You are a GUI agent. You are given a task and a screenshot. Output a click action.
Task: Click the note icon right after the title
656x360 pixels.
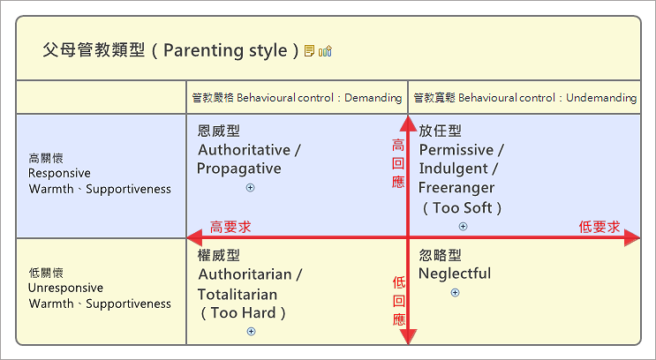(309, 51)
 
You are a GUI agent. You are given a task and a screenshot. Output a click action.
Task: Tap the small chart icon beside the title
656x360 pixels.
(325, 51)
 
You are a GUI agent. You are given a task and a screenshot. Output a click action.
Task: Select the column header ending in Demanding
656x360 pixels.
(297, 98)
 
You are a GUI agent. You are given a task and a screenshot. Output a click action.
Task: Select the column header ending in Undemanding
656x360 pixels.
(524, 98)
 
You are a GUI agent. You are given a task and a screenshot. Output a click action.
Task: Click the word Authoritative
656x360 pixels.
(245, 150)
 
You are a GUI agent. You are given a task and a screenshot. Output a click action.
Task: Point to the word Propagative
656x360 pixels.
(238, 169)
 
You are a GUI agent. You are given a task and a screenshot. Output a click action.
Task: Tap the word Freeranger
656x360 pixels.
(456, 188)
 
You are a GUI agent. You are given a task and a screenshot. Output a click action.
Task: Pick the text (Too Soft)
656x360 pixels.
(462, 208)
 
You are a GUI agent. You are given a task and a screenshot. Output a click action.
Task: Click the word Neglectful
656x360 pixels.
(454, 274)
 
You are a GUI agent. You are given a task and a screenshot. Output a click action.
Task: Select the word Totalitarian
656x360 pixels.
(238, 294)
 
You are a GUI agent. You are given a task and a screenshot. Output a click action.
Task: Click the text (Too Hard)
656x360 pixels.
(244, 312)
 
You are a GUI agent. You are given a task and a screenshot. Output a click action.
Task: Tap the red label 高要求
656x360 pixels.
(230, 227)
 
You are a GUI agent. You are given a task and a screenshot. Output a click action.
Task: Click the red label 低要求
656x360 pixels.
(599, 227)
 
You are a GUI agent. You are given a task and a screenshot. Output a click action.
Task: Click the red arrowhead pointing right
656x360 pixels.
(632, 236)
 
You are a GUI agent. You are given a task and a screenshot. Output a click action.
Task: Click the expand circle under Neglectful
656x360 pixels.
(455, 292)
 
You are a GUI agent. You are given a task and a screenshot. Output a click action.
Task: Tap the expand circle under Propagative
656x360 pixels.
(250, 188)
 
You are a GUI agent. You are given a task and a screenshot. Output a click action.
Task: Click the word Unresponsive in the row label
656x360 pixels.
(65, 289)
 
